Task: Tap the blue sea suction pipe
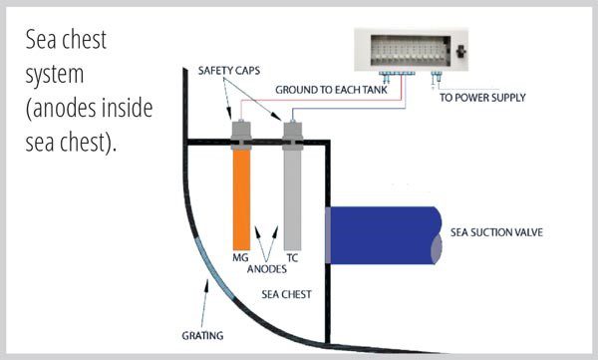384,234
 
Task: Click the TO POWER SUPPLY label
482,97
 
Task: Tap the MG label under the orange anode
240,258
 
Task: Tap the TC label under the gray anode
292,258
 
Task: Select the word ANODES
266,268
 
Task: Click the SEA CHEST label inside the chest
288,296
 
